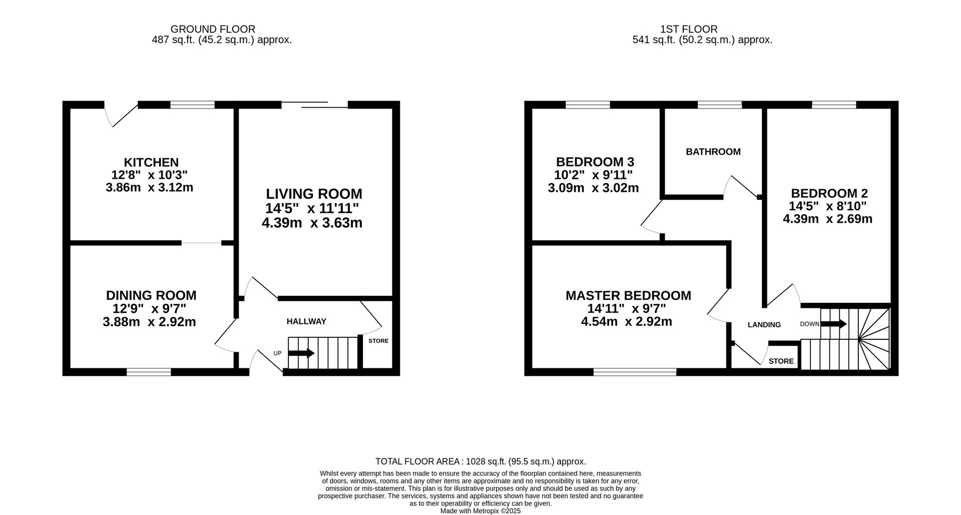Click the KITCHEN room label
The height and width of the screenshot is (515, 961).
[151, 162]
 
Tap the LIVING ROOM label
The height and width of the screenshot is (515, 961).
[314, 194]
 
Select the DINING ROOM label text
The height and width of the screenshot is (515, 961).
[151, 295]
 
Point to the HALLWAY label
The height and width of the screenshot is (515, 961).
[306, 321]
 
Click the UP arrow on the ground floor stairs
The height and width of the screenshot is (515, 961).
[301, 353]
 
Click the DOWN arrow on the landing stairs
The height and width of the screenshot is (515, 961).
[834, 324]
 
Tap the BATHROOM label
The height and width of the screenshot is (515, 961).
[713, 152]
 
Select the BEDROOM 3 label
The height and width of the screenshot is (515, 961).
[595, 162]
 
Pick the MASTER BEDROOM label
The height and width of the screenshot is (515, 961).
[628, 295]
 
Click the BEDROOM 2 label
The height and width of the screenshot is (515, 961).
[829, 193]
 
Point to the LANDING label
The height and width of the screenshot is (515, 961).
[764, 325]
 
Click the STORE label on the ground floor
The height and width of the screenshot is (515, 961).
[378, 341]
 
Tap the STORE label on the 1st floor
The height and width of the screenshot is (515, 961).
[781, 361]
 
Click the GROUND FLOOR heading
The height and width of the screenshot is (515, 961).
[213, 30]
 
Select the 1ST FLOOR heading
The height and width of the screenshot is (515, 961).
[689, 30]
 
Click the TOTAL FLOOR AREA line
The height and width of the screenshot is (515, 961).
[480, 461]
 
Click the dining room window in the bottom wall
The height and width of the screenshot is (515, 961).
[149, 372]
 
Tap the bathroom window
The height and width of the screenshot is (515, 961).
[720, 105]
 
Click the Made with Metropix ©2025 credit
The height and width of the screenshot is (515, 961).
[480, 511]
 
